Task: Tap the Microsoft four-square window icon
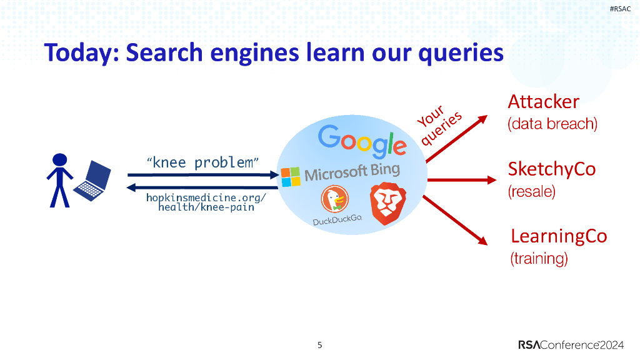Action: click(x=290, y=176)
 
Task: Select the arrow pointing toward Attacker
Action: click(x=456, y=139)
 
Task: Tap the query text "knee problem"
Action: click(x=202, y=163)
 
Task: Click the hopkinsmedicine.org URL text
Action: click(x=206, y=202)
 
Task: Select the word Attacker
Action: click(x=543, y=101)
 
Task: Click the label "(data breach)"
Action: click(x=552, y=124)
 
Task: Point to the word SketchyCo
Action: click(x=551, y=169)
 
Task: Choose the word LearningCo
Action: click(x=558, y=236)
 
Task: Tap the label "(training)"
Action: click(x=539, y=257)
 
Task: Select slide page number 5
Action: click(x=320, y=344)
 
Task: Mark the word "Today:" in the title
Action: click(x=81, y=52)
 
